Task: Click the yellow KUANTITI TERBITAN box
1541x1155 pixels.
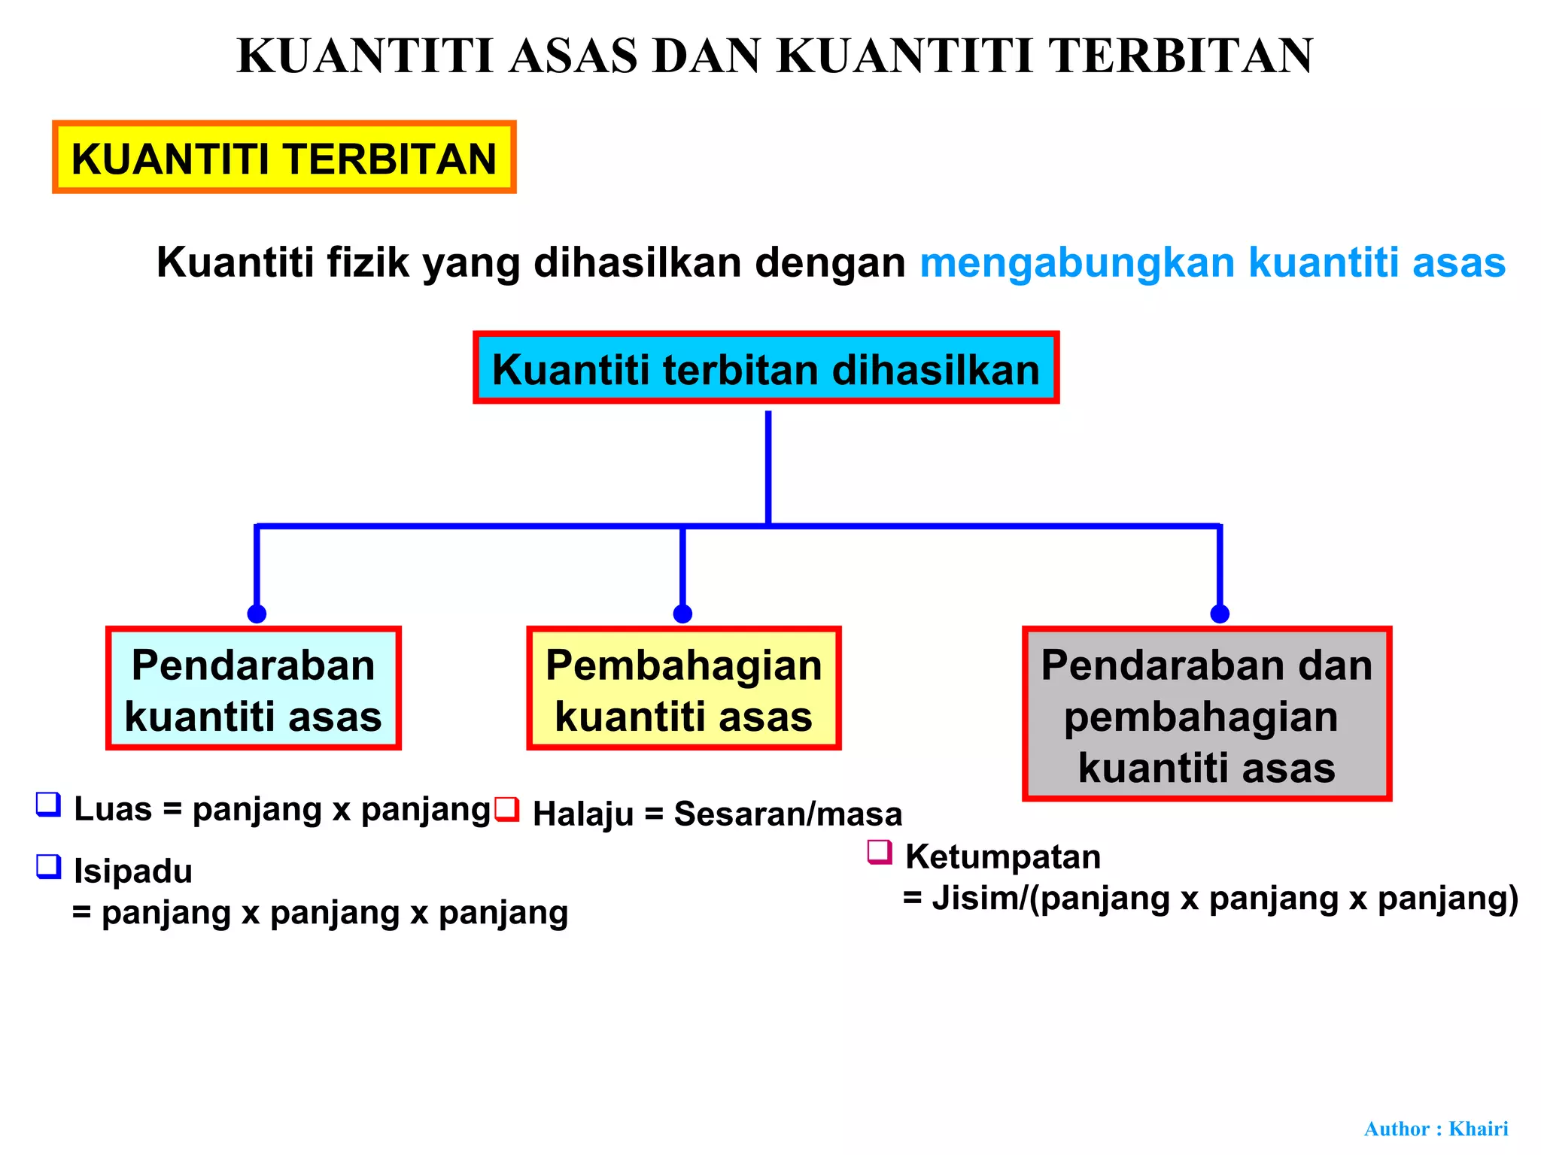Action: tap(284, 157)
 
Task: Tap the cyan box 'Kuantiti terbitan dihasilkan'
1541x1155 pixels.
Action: tap(766, 368)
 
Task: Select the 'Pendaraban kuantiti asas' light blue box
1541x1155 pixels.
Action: tap(253, 688)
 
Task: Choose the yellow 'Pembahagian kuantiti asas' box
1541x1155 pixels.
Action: tap(683, 688)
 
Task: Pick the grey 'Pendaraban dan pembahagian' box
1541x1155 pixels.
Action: tap(1206, 714)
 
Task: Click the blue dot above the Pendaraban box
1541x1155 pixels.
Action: tap(257, 614)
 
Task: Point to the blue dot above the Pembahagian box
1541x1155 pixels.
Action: tap(682, 614)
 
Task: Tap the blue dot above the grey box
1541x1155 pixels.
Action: tap(1220, 614)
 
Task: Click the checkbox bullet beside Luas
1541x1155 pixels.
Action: tap(49, 805)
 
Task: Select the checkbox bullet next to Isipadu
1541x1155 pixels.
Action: tap(49, 867)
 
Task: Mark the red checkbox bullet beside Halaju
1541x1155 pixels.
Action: tap(508, 809)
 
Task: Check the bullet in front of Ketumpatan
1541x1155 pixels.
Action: tap(880, 853)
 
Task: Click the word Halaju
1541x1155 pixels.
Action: tap(583, 814)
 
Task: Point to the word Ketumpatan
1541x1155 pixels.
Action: tap(1002, 857)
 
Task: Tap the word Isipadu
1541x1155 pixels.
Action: tap(133, 872)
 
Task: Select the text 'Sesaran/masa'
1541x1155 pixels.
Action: tap(788, 814)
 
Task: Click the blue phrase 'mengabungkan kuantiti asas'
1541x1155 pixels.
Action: tap(1212, 262)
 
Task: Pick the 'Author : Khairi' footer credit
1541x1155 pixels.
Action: tap(1436, 1129)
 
